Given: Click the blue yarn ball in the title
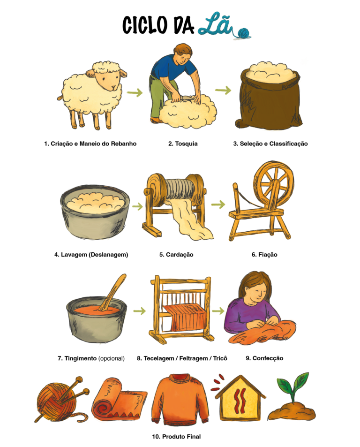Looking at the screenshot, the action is pyautogui.click(x=244, y=33).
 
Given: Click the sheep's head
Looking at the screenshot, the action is pyautogui.click(x=107, y=75).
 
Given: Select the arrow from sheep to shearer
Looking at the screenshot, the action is pyautogui.click(x=135, y=92).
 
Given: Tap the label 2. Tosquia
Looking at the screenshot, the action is pyautogui.click(x=183, y=144).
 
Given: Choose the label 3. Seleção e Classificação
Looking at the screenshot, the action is pyautogui.click(x=270, y=144).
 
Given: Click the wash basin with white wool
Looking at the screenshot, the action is pyautogui.click(x=95, y=212).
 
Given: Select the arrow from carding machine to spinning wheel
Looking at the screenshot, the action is pyautogui.click(x=218, y=205).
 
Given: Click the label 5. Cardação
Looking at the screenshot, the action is pyautogui.click(x=176, y=255).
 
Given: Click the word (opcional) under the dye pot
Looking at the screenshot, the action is pyautogui.click(x=112, y=358).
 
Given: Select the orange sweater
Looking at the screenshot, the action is pyautogui.click(x=180, y=400).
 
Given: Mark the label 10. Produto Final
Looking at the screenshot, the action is pyautogui.click(x=176, y=437).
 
